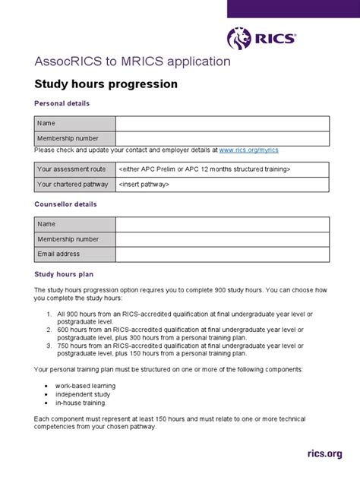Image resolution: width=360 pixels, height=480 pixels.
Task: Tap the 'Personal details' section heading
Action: (x=62, y=103)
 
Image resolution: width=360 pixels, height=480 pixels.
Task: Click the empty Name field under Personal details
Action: (x=222, y=124)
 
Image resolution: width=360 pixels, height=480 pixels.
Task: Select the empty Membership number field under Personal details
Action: (x=222, y=138)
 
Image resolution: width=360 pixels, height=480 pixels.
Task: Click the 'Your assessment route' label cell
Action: (x=74, y=169)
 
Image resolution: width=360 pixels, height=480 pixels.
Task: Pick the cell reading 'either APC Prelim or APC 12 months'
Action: (x=204, y=169)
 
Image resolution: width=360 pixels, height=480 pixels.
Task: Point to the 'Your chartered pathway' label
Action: (x=74, y=184)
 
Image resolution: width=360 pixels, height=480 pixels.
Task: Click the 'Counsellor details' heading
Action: (x=65, y=204)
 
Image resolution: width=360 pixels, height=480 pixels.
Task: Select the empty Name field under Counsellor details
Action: (x=222, y=225)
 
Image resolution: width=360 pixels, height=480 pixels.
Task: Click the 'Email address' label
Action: (x=59, y=254)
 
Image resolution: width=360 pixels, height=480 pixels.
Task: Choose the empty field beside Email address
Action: (x=222, y=254)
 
